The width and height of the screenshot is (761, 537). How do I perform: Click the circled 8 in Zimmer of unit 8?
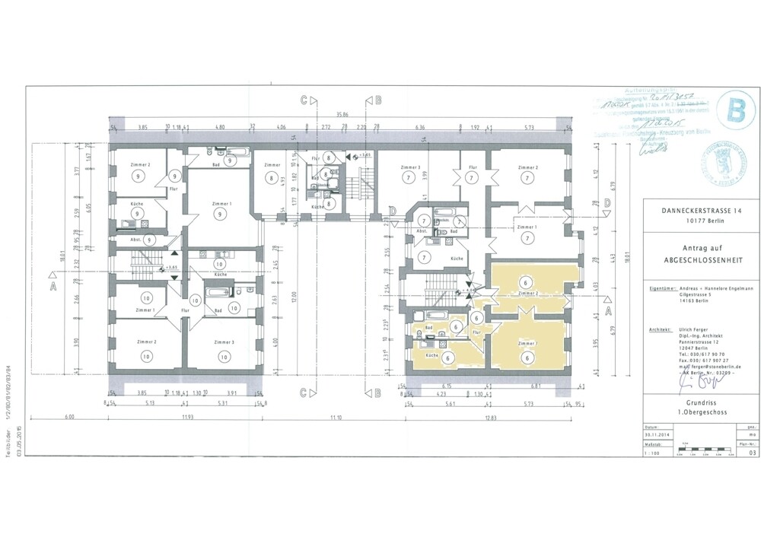pos(271,178)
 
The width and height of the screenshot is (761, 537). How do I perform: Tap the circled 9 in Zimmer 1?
pos(220,214)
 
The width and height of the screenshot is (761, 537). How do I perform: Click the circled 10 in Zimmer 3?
pos(224,356)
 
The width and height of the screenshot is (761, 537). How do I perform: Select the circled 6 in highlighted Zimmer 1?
pos(525,356)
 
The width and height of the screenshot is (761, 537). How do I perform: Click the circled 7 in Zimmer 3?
pos(409,178)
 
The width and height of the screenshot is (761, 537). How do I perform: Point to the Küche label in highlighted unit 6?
pos(431,356)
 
